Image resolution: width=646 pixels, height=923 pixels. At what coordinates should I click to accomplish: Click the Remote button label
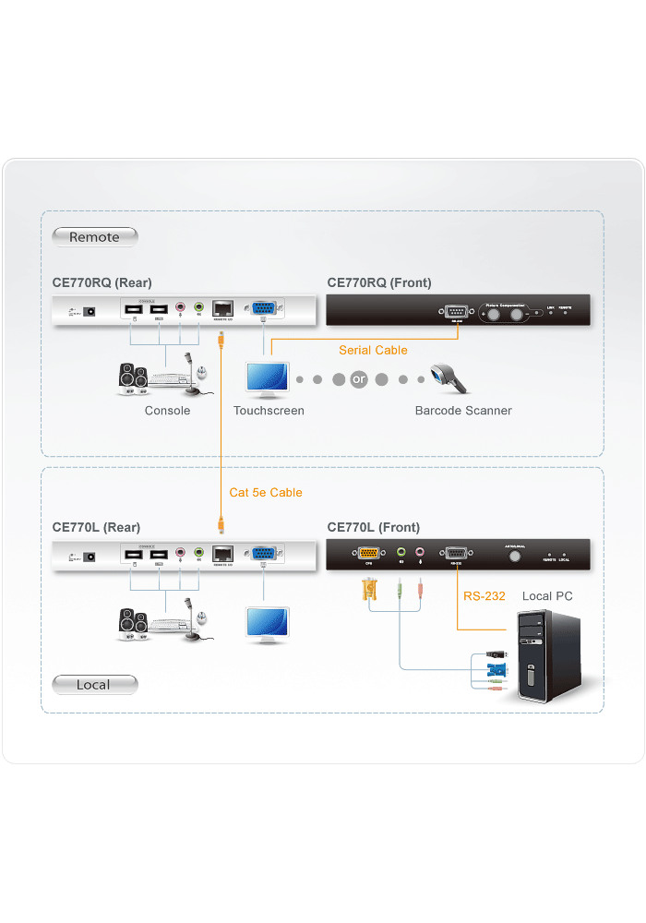94,237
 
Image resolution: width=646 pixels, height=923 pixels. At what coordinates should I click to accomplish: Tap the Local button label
93,685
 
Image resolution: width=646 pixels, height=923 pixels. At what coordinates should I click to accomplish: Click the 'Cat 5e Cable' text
266,493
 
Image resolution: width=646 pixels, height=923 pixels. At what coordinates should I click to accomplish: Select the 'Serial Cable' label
373,350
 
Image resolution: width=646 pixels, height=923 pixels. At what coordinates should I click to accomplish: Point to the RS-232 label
484,596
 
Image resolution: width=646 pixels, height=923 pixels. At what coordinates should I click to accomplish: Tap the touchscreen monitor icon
268,379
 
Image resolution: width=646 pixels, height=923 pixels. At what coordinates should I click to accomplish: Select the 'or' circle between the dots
359,379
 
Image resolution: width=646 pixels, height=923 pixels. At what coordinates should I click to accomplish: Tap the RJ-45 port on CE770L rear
222,553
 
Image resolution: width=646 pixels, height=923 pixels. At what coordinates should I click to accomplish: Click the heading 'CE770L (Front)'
373,527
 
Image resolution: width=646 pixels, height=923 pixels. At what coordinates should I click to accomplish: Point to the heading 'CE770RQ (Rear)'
102,282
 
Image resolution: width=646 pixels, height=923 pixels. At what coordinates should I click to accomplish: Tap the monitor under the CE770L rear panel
268,623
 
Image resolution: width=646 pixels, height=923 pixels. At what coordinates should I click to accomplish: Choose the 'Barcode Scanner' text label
462,411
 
